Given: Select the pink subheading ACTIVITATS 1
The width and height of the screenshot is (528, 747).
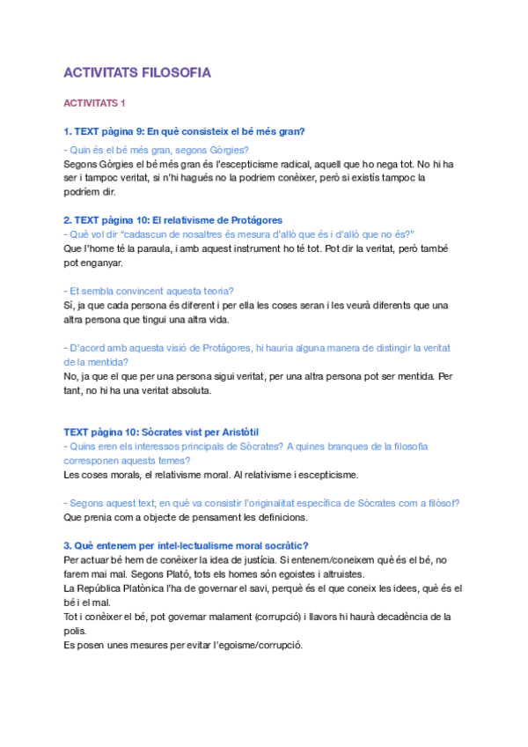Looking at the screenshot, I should tap(94, 103).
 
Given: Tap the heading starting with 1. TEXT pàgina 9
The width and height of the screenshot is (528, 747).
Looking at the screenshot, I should tap(184, 131).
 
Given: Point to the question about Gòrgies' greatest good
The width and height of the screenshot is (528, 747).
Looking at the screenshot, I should tap(157, 149).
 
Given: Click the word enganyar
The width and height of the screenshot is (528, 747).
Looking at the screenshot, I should tap(104, 263).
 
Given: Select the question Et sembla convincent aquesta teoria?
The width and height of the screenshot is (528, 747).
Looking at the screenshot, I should tap(155, 291).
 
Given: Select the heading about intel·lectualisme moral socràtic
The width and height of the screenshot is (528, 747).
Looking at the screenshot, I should tap(186, 545).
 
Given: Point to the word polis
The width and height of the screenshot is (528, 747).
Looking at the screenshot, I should tap(76, 630).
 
